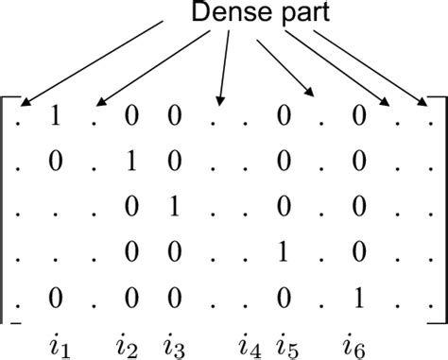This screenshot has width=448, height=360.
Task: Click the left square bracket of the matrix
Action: (x=8, y=208)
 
